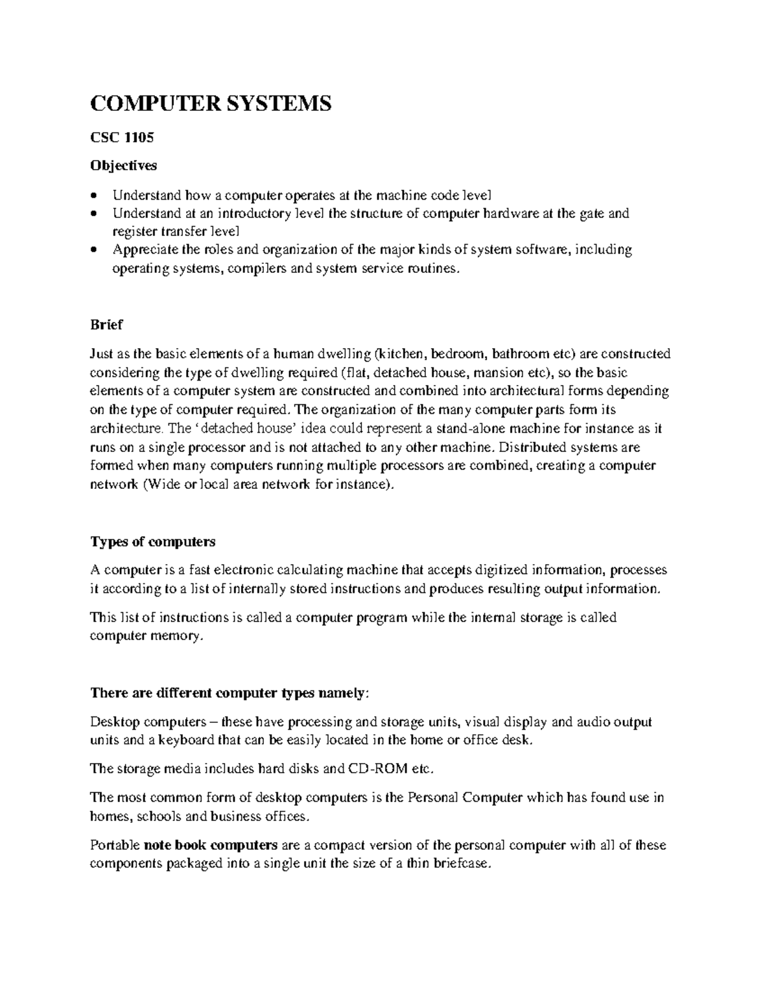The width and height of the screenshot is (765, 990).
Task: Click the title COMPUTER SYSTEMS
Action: (x=211, y=102)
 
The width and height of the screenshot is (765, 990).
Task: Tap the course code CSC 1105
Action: (x=122, y=137)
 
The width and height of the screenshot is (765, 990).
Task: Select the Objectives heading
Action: (x=124, y=166)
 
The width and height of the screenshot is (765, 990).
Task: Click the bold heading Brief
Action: (x=106, y=324)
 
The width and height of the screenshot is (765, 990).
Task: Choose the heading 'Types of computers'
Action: (x=153, y=542)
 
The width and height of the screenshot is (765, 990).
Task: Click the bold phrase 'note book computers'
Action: (x=210, y=845)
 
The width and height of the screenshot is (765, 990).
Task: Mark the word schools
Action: (x=157, y=816)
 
